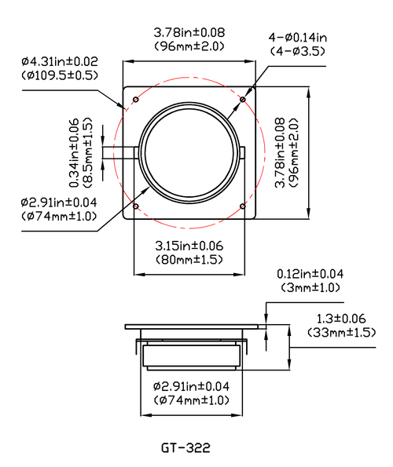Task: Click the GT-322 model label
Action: tap(185, 447)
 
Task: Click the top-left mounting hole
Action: tap(136, 99)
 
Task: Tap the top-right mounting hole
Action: tap(243, 99)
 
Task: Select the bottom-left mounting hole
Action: tap(136, 206)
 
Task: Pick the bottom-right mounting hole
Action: tap(243, 206)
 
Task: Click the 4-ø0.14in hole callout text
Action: tap(298, 38)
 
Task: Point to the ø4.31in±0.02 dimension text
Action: tap(60, 61)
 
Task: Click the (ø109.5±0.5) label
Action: tap(60, 75)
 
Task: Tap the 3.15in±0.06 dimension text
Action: tap(189, 246)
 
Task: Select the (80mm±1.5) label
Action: tap(189, 260)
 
